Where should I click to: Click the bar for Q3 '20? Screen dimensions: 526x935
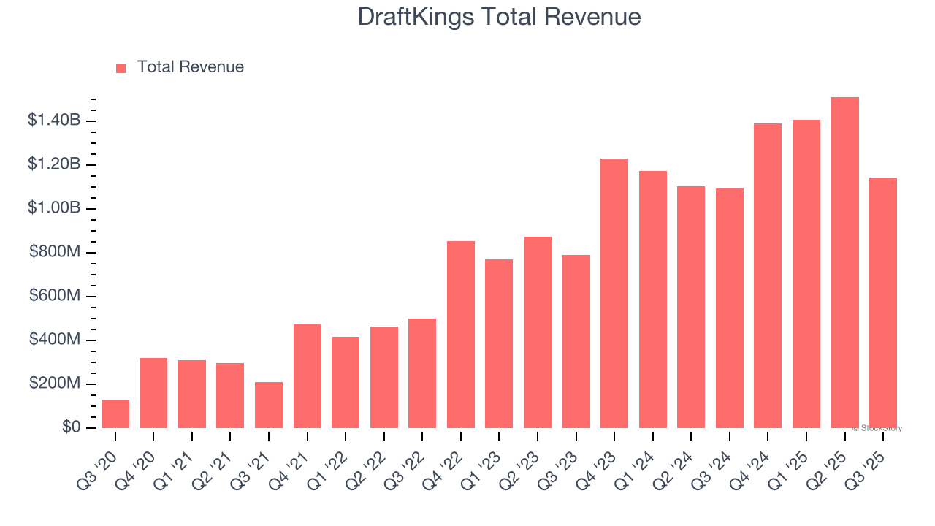(115, 413)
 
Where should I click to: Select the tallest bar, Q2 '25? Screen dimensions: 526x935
(845, 263)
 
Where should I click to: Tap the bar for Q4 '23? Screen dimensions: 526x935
(614, 293)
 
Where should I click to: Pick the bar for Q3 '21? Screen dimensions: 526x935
(269, 405)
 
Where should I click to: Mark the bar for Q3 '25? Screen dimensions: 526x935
(883, 302)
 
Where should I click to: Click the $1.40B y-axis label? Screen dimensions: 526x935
(54, 121)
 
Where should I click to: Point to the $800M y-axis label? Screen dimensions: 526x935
(56, 252)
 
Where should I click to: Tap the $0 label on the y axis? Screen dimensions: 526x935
(71, 427)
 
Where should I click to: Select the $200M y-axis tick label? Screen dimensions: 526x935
(56, 384)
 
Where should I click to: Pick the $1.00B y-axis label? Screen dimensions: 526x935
(54, 208)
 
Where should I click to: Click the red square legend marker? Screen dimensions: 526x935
(121, 68)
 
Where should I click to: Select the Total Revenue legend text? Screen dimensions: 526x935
(190, 67)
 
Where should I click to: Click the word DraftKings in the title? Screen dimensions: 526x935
(414, 17)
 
